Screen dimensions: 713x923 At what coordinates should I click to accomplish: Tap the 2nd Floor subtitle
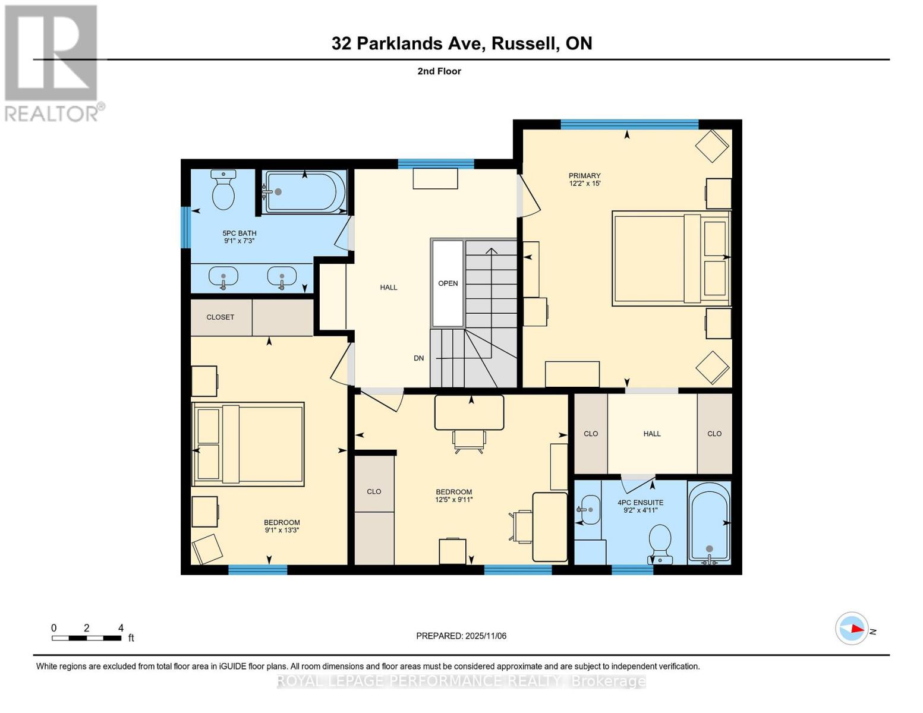(439, 71)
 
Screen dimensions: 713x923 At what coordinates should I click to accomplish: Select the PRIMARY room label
(584, 175)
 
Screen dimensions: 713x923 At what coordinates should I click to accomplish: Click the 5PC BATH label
(240, 233)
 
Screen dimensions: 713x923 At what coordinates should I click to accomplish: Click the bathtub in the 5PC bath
(304, 192)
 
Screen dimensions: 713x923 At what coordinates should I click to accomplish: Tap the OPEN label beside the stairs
(448, 283)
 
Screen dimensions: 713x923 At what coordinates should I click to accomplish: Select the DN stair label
(419, 358)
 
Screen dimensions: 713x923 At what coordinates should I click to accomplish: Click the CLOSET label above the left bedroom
(220, 317)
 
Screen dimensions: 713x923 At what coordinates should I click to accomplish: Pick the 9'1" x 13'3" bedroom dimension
(281, 530)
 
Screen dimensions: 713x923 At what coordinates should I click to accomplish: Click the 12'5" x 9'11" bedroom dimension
(453, 500)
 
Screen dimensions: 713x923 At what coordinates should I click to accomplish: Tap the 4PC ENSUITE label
(640, 502)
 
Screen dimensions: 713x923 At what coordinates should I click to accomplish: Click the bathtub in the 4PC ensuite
(709, 523)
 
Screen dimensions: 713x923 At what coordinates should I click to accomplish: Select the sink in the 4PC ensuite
(588, 510)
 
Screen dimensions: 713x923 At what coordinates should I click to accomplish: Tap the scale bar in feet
(87, 638)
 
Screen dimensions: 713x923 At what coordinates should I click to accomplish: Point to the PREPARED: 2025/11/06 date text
(461, 636)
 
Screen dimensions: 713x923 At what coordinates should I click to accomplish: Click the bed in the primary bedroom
(670, 258)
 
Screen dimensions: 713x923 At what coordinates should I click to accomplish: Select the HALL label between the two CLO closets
(652, 434)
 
